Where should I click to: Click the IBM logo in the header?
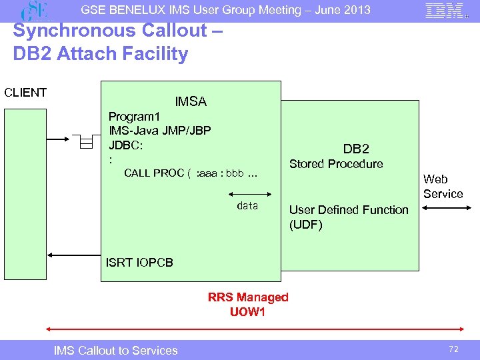[444, 11]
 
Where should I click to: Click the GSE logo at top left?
[37, 11]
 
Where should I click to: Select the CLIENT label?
[25, 93]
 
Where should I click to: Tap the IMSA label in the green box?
[191, 102]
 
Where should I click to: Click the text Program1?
[134, 117]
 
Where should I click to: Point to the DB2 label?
[356, 149]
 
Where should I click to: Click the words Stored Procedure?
[336, 164]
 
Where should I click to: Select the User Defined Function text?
[349, 210]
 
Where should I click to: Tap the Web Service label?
[443, 187]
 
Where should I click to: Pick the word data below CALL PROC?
[247, 206]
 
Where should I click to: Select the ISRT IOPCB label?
[139, 262]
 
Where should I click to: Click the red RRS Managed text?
[248, 297]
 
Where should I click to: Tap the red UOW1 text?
[248, 311]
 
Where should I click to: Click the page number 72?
[455, 349]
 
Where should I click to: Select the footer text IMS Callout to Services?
[116, 351]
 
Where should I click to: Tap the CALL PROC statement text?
[190, 174]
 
